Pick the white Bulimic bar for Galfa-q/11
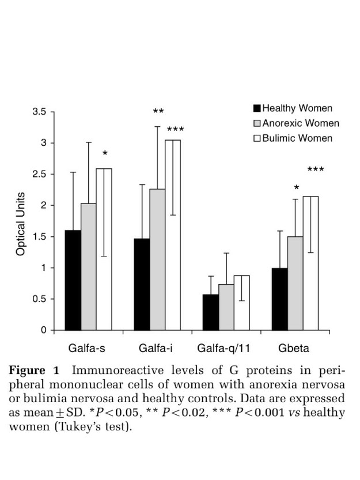[242, 303]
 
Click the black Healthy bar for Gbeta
[280, 299]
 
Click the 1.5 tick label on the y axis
[39, 237]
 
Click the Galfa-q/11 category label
[225, 349]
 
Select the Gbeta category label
[293, 349]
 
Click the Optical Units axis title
[21, 224]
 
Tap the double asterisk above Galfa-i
[159, 112]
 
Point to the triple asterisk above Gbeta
[316, 170]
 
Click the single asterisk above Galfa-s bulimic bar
[105, 154]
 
